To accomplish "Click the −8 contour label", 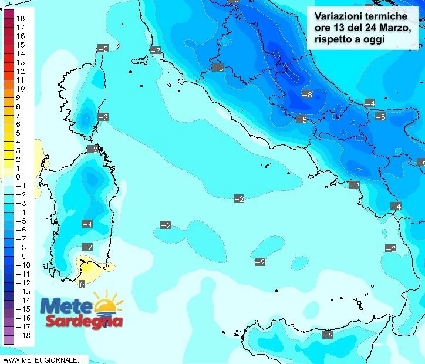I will [x=306, y=94].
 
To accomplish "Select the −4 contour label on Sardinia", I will [x=87, y=224].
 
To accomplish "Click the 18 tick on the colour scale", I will [x=20, y=18].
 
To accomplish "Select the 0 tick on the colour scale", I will [x=18, y=177].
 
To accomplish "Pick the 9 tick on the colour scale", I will [x=18, y=97].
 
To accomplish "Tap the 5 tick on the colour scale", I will [x=18, y=133].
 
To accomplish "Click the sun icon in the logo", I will [x=107, y=304].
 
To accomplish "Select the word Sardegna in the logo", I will [x=84, y=322].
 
